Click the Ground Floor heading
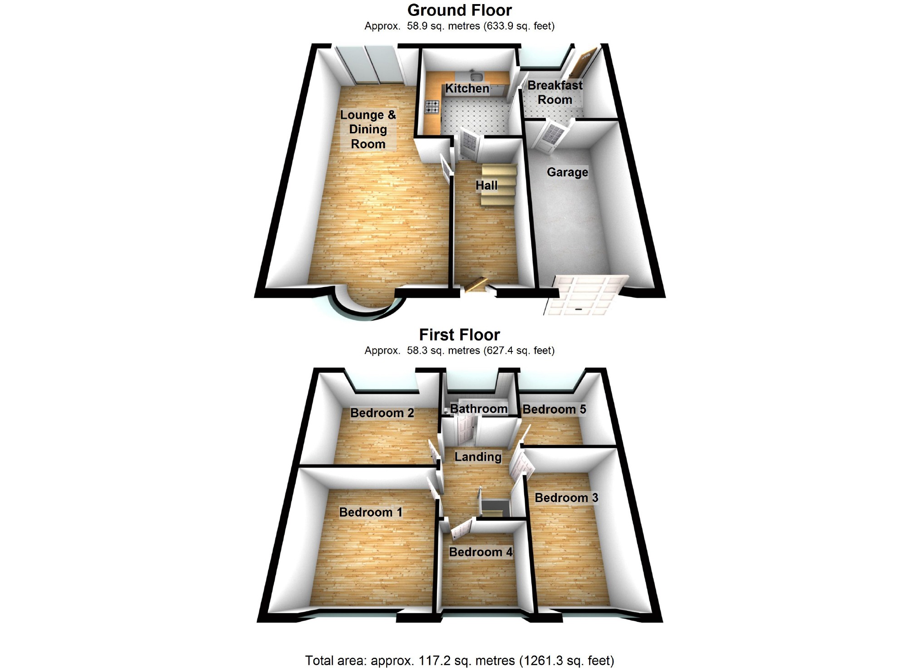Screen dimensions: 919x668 (x=459, y=10)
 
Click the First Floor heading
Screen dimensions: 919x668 (x=459, y=335)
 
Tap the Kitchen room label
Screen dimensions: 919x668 (x=467, y=88)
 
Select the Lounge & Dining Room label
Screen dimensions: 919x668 (x=368, y=129)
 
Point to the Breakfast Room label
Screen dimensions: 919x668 (x=555, y=93)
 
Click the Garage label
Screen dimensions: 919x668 (x=567, y=172)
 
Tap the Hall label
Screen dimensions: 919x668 (x=487, y=185)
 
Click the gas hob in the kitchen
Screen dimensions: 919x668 (x=432, y=107)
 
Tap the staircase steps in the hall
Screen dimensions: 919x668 (x=498, y=185)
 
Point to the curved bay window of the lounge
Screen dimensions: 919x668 (x=368, y=308)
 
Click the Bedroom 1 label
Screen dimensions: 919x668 (x=371, y=512)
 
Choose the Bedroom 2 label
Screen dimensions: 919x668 (x=382, y=413)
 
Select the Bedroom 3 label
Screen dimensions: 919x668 (x=566, y=498)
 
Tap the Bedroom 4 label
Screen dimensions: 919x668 (x=481, y=552)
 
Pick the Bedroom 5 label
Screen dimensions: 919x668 (x=554, y=410)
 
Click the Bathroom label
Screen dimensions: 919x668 (x=479, y=409)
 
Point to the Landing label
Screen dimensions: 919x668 (x=478, y=457)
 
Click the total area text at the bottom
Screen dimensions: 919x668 (x=459, y=660)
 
